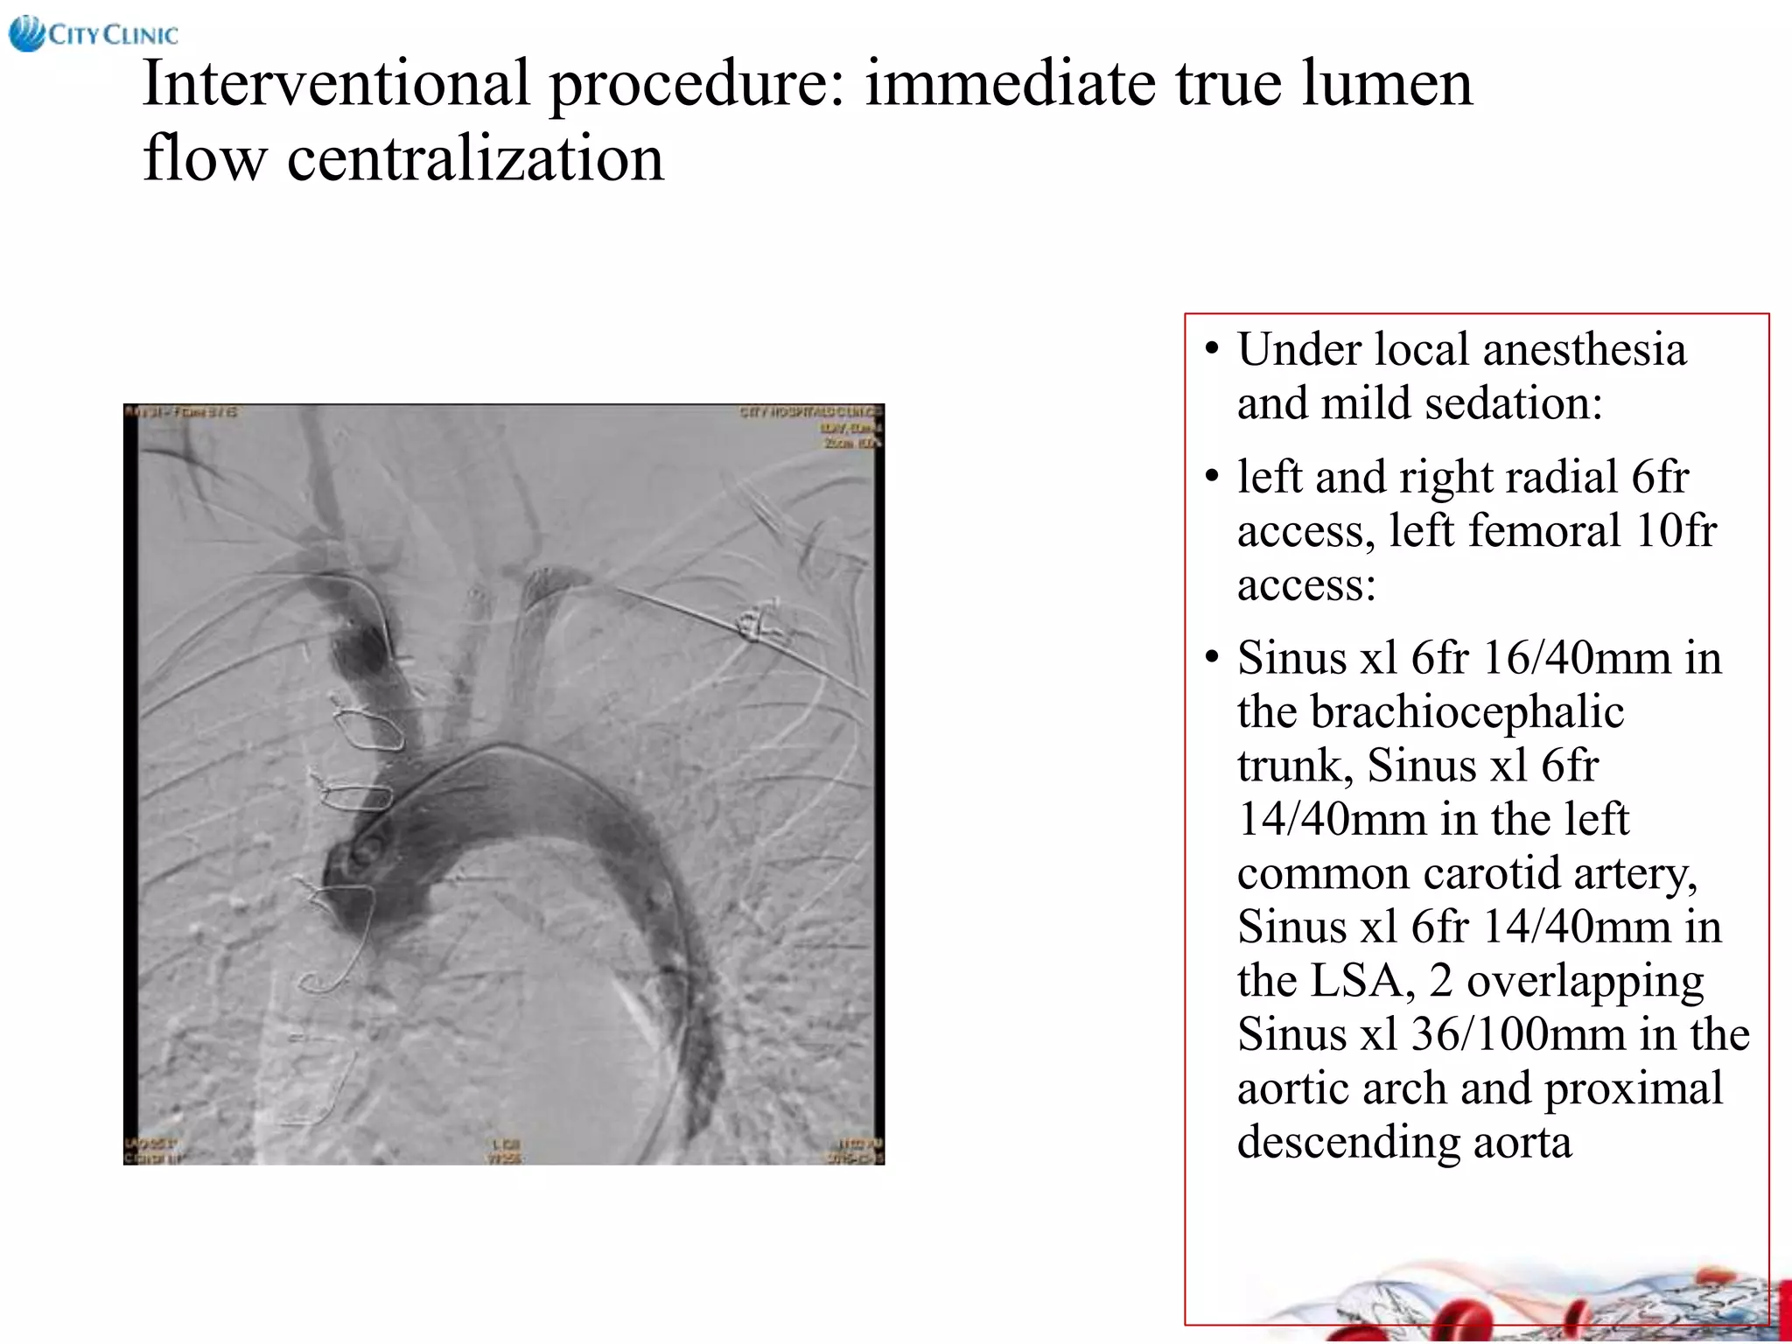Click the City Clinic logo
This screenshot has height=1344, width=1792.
[x=93, y=34]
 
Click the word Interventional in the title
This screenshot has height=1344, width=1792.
[x=336, y=84]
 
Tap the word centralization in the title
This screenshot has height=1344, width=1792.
[x=475, y=159]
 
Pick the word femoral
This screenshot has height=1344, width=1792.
[x=1505, y=531]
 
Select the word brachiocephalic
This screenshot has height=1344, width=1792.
[x=1431, y=712]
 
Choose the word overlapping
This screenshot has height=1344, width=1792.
[x=1585, y=981]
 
